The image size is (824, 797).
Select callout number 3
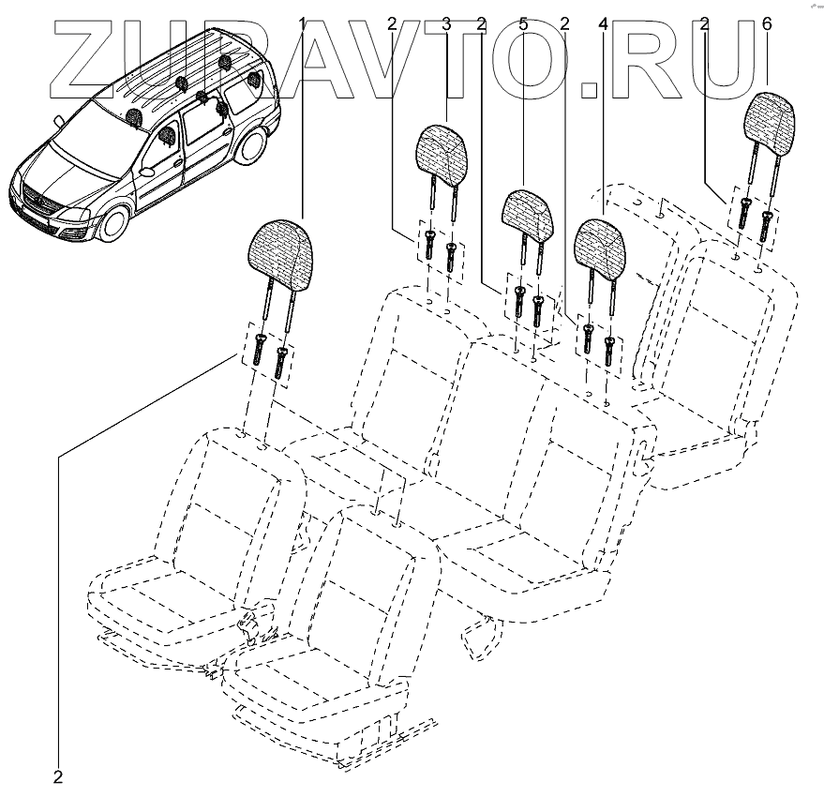point(446,23)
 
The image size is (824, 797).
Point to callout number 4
point(604,23)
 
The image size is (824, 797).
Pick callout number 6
point(768,23)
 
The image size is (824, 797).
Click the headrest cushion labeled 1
point(278,251)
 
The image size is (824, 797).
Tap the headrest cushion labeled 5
point(530,213)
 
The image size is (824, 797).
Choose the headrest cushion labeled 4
point(601,245)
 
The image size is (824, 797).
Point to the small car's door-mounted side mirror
point(148,173)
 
